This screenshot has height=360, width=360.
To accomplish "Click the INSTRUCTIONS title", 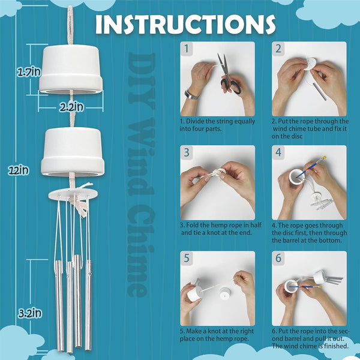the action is tap(185, 25).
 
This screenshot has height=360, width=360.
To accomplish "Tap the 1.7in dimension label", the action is tap(29, 72).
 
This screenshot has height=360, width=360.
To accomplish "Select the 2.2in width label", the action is tap(71, 107).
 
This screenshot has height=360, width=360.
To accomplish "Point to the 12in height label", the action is tap(19, 170).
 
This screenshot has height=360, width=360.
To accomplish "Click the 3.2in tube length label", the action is tap(30, 313).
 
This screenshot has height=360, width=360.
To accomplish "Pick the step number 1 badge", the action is tap(187, 49).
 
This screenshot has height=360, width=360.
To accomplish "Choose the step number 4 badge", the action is tap(278, 152).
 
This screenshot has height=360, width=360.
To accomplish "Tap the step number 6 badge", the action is tap(278, 258).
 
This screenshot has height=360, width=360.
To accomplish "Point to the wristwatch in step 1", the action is tap(191, 95).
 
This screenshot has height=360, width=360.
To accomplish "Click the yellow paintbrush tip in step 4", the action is tap(324, 158).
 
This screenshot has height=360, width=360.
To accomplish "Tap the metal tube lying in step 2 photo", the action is tap(320, 91).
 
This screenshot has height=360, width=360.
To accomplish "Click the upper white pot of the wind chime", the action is tap(71, 70).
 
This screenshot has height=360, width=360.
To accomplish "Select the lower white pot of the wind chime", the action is tap(73, 152).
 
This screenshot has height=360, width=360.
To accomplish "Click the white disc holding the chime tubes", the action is tap(73, 194).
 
